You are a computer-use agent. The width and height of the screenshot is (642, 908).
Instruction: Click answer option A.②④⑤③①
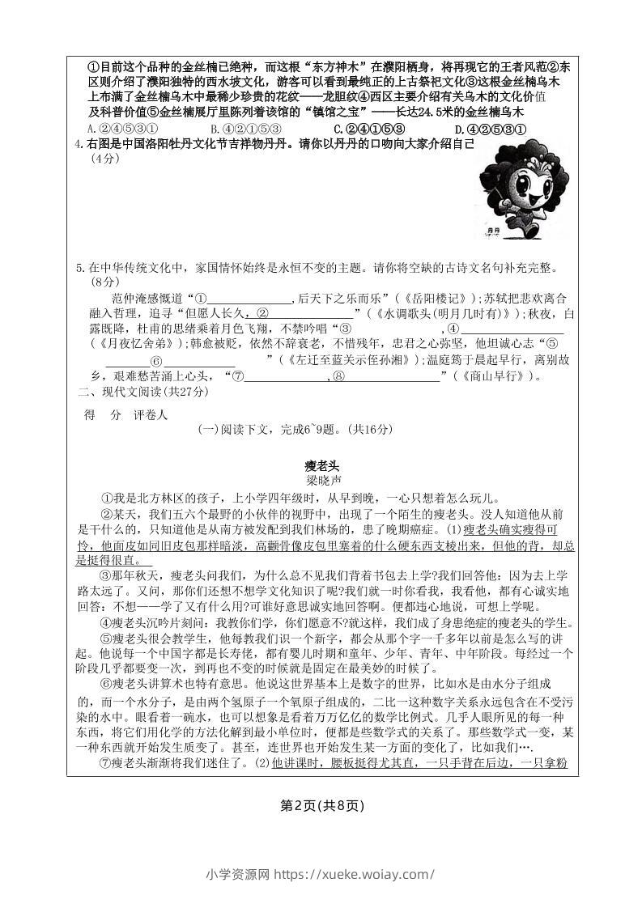click(121, 129)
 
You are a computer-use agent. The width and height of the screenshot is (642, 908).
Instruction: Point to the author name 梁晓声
click(321, 480)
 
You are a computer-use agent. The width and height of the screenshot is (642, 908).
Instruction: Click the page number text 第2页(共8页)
click(321, 804)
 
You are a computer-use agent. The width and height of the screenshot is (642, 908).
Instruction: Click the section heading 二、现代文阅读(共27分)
click(142, 392)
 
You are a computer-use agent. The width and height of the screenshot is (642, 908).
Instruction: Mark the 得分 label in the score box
click(103, 415)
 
